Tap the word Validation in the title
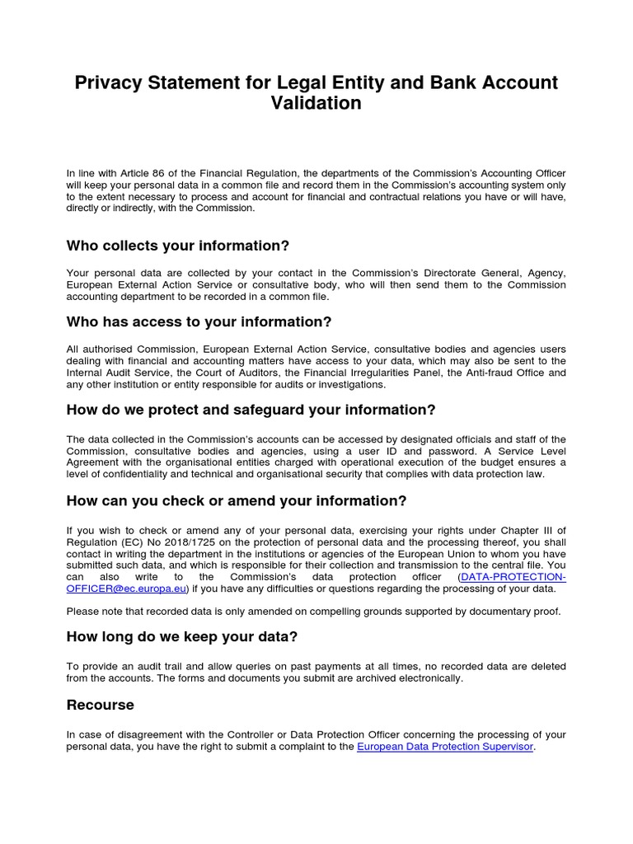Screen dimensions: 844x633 point(316,103)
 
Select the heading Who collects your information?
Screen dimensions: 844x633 point(177,246)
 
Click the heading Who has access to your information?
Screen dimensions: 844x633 point(199,321)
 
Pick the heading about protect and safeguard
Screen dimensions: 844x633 point(251,410)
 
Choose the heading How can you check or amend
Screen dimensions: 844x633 point(237,501)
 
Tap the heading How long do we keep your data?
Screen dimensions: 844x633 point(181,636)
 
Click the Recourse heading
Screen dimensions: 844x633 point(100,705)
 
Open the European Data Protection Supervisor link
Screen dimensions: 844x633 point(445,747)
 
